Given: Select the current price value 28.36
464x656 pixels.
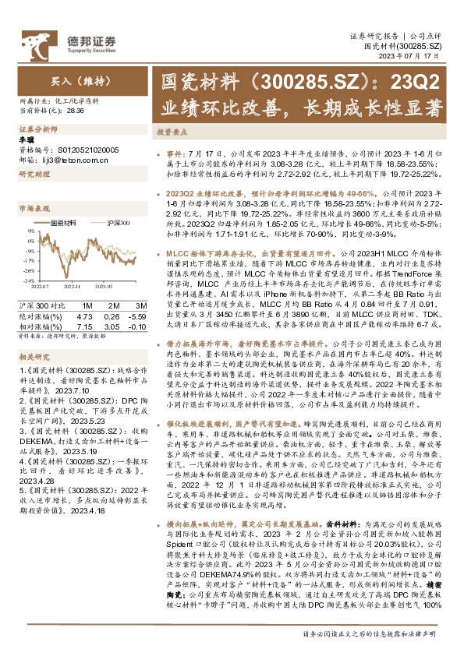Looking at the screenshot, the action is (x=76, y=111).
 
